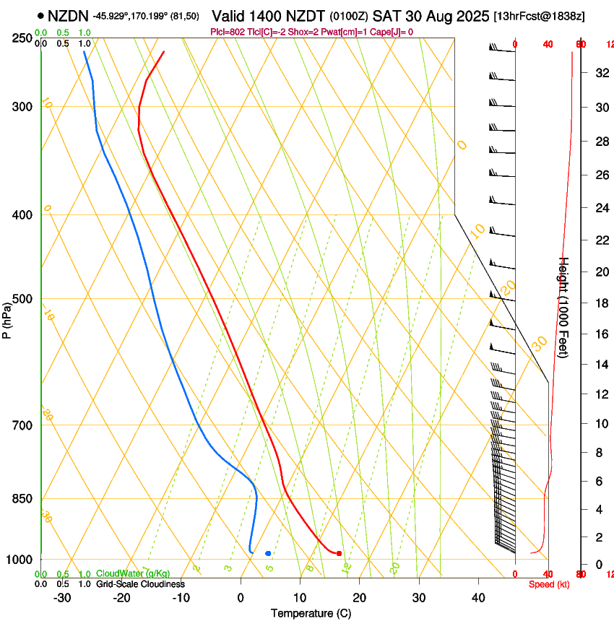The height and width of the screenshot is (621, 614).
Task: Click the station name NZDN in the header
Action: pyautogui.click(x=68, y=15)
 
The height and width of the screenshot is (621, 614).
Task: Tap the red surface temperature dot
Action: pyautogui.click(x=339, y=553)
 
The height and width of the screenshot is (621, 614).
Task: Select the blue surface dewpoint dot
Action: pyautogui.click(x=268, y=553)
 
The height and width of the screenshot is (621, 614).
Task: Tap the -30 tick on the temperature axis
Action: pyautogui.click(x=62, y=597)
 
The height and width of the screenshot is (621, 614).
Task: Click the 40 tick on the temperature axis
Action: pyautogui.click(x=478, y=597)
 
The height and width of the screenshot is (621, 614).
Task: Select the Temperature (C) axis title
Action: pyautogui.click(x=311, y=613)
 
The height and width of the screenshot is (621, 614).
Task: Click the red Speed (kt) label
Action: pyautogui.click(x=548, y=584)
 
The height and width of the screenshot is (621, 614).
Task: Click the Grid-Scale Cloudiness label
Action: pyautogui.click(x=140, y=584)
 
